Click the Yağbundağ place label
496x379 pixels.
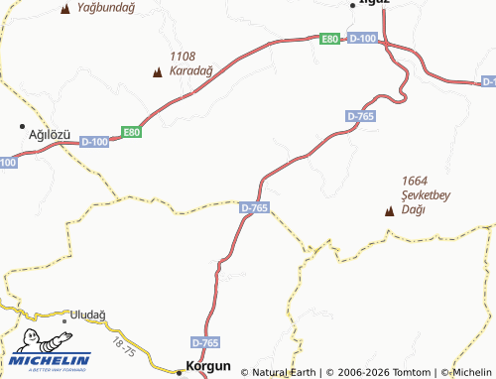105,8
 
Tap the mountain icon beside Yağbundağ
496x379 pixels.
65,9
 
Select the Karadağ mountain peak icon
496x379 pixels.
157,71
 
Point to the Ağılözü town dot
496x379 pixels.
23,127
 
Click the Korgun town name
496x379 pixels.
209,367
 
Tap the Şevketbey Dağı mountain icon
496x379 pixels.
389,210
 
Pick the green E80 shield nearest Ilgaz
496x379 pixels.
330,39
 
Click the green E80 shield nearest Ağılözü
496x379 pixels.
132,131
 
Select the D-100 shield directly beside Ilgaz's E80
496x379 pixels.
363,38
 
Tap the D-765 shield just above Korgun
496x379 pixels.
205,342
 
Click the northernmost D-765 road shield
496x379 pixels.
361,117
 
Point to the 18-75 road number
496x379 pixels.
124,346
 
